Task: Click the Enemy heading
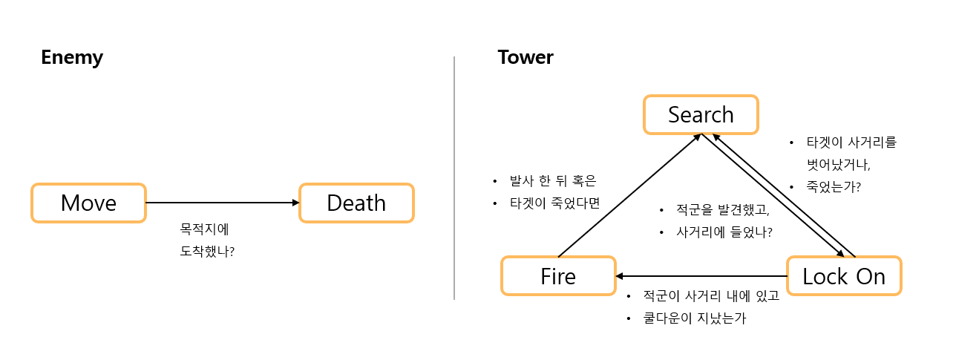72,57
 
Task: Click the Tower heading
526,57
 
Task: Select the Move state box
88,203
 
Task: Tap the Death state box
356,203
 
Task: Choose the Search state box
701,114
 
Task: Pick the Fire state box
558,276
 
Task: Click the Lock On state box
844,276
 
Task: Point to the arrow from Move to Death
223,203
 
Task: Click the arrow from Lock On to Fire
701,276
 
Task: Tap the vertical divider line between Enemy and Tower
454,178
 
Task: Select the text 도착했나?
208,251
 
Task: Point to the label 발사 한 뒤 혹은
553,180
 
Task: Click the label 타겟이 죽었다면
554,203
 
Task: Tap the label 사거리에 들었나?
724,232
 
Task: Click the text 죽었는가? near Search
834,187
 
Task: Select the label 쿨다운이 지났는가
695,318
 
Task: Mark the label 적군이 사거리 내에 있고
711,296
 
